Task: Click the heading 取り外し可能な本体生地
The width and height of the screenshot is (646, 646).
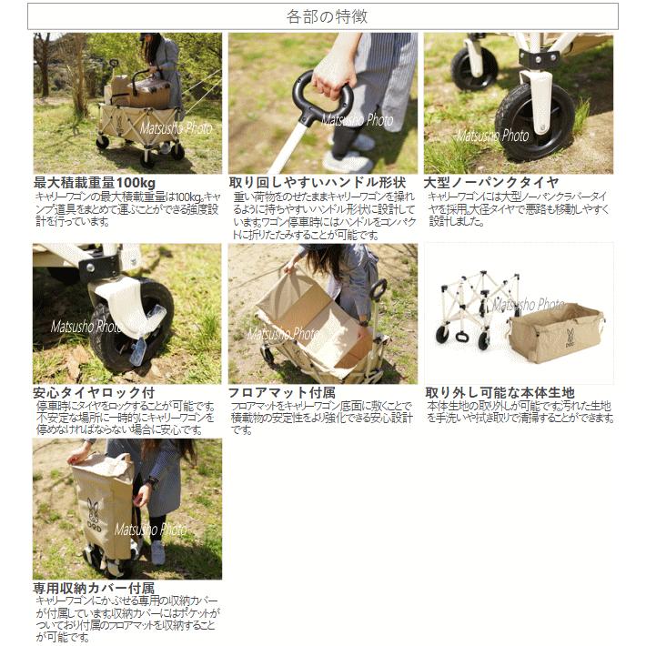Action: pos(500,392)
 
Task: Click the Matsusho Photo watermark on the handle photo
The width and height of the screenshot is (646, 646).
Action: pos(356,120)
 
